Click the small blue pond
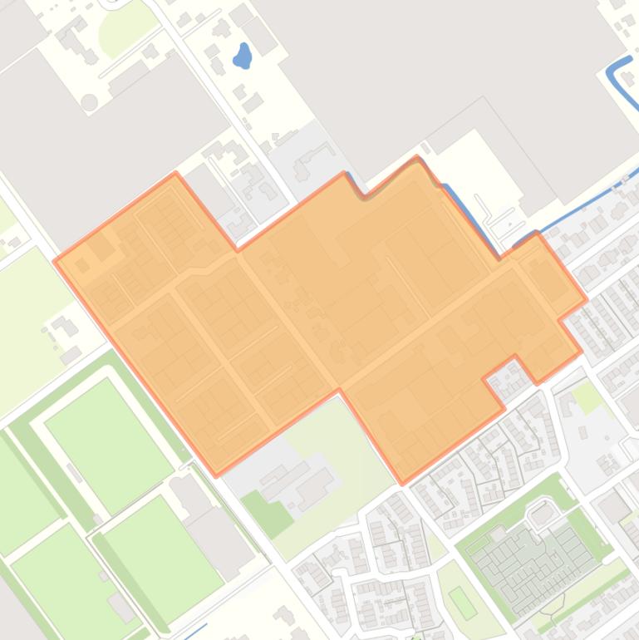[x=243, y=57]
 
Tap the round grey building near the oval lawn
[x=89, y=102]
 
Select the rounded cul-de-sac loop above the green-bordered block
[x=542, y=513]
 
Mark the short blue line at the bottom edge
[x=196, y=631]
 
